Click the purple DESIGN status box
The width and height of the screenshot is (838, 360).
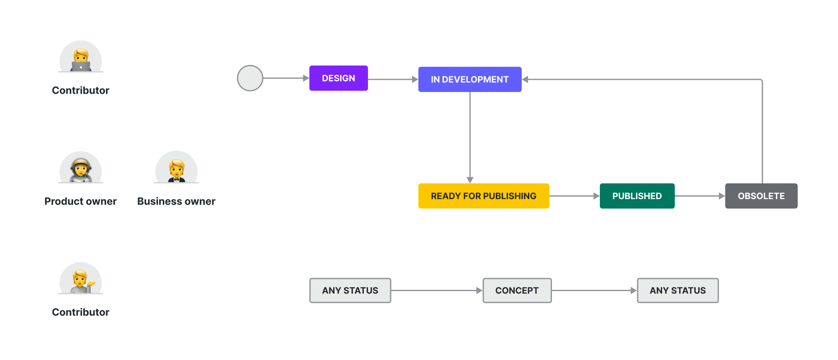[x=338, y=78]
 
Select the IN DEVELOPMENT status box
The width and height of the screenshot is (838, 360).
[x=470, y=79]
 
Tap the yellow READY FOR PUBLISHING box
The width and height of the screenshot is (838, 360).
[x=483, y=196]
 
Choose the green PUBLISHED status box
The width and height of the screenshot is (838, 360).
[x=637, y=196]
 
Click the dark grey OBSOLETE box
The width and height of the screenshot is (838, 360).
[x=761, y=196]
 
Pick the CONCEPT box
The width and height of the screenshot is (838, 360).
[x=517, y=290]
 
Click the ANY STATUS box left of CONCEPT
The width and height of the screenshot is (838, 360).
[x=350, y=290]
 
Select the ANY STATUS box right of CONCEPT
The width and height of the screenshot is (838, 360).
[x=677, y=290]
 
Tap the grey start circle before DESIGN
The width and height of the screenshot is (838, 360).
[x=250, y=78]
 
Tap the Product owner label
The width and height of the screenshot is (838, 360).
[x=81, y=201]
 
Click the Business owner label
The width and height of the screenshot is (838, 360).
[x=176, y=201]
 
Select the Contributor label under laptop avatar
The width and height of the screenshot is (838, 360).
[x=81, y=90]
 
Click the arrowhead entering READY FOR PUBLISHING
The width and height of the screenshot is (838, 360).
[x=470, y=180]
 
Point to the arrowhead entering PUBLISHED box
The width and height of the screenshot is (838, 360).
[x=596, y=196]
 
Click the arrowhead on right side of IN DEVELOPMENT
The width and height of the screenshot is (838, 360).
[x=525, y=79]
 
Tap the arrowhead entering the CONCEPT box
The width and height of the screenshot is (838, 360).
[x=479, y=290]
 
